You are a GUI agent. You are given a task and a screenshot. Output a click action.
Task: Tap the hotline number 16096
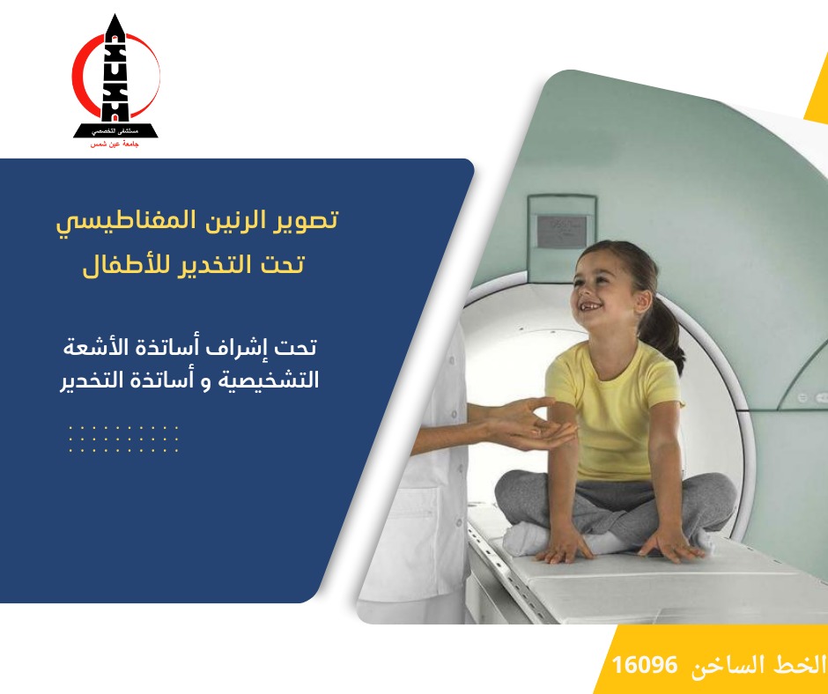[x=644, y=664]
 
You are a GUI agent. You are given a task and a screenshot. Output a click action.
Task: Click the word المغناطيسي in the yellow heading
[x=126, y=221]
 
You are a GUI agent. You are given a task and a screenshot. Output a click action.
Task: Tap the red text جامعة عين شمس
[x=115, y=144]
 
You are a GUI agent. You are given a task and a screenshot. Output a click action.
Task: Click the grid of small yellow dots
[x=123, y=439]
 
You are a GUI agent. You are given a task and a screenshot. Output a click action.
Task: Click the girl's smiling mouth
[x=591, y=306]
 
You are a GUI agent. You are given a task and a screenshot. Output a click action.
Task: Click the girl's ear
[x=643, y=301]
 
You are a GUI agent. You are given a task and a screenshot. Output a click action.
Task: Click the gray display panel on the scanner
[x=562, y=232]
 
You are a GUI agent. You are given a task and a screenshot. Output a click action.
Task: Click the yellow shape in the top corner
[x=818, y=92]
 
